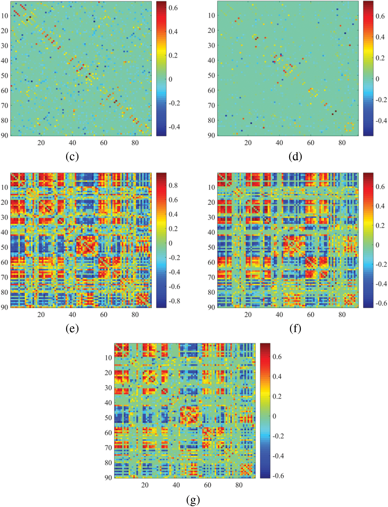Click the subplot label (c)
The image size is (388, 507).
pos(72,156)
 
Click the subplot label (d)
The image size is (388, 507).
pos(295,156)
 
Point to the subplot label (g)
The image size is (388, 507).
pos(193,499)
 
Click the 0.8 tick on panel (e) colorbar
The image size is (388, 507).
pos(173,185)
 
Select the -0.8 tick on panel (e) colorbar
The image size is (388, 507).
pos(174,301)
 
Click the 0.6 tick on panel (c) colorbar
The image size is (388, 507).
pos(173,8)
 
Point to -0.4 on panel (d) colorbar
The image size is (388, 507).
pos(381,121)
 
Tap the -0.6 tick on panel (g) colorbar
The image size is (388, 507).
pos(278,475)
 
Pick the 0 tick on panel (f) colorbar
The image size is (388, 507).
pos(377,245)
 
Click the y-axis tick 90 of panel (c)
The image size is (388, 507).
pos(5,135)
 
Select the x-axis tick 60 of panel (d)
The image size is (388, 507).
pos(310,143)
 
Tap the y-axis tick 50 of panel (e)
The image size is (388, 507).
pos(5,247)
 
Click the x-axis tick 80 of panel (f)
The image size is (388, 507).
pos(342,314)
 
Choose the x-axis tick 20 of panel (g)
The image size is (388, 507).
pos(145,485)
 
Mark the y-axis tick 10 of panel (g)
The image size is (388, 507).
pos(108,358)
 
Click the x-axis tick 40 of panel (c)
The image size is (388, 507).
pos(72,143)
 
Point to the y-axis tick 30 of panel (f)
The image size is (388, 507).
pos(211,217)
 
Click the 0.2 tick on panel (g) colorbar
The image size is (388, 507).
pos(277,396)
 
